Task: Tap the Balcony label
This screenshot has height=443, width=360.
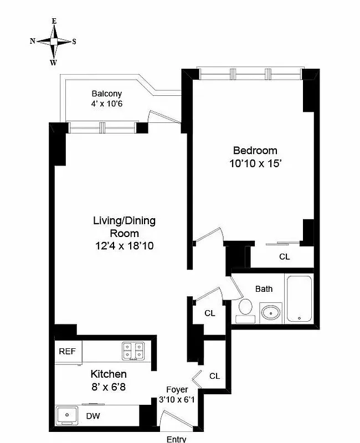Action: point(106,94)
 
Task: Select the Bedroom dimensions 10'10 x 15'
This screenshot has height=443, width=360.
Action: point(255,163)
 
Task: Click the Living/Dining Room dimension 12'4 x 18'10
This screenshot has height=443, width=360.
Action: point(124,245)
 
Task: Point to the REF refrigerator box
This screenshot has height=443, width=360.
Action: point(68,351)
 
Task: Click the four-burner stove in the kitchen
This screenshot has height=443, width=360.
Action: point(133,351)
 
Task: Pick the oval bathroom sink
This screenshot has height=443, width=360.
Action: point(271,312)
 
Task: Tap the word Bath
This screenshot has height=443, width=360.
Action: point(264,289)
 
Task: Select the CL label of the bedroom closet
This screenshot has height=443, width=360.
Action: point(284,257)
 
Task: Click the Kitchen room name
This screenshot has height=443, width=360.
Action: point(102,374)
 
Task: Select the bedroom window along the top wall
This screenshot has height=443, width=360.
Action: point(250,73)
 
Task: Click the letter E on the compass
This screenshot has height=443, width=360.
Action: point(54,21)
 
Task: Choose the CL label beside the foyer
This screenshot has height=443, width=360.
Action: point(214,376)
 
